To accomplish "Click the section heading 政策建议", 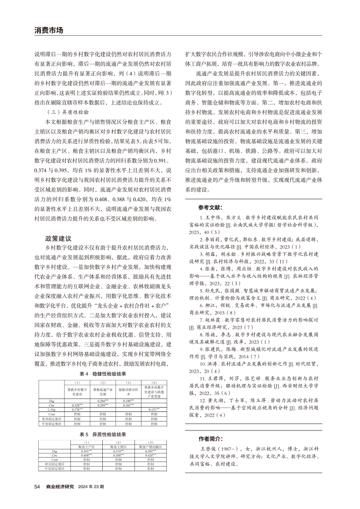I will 58,239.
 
